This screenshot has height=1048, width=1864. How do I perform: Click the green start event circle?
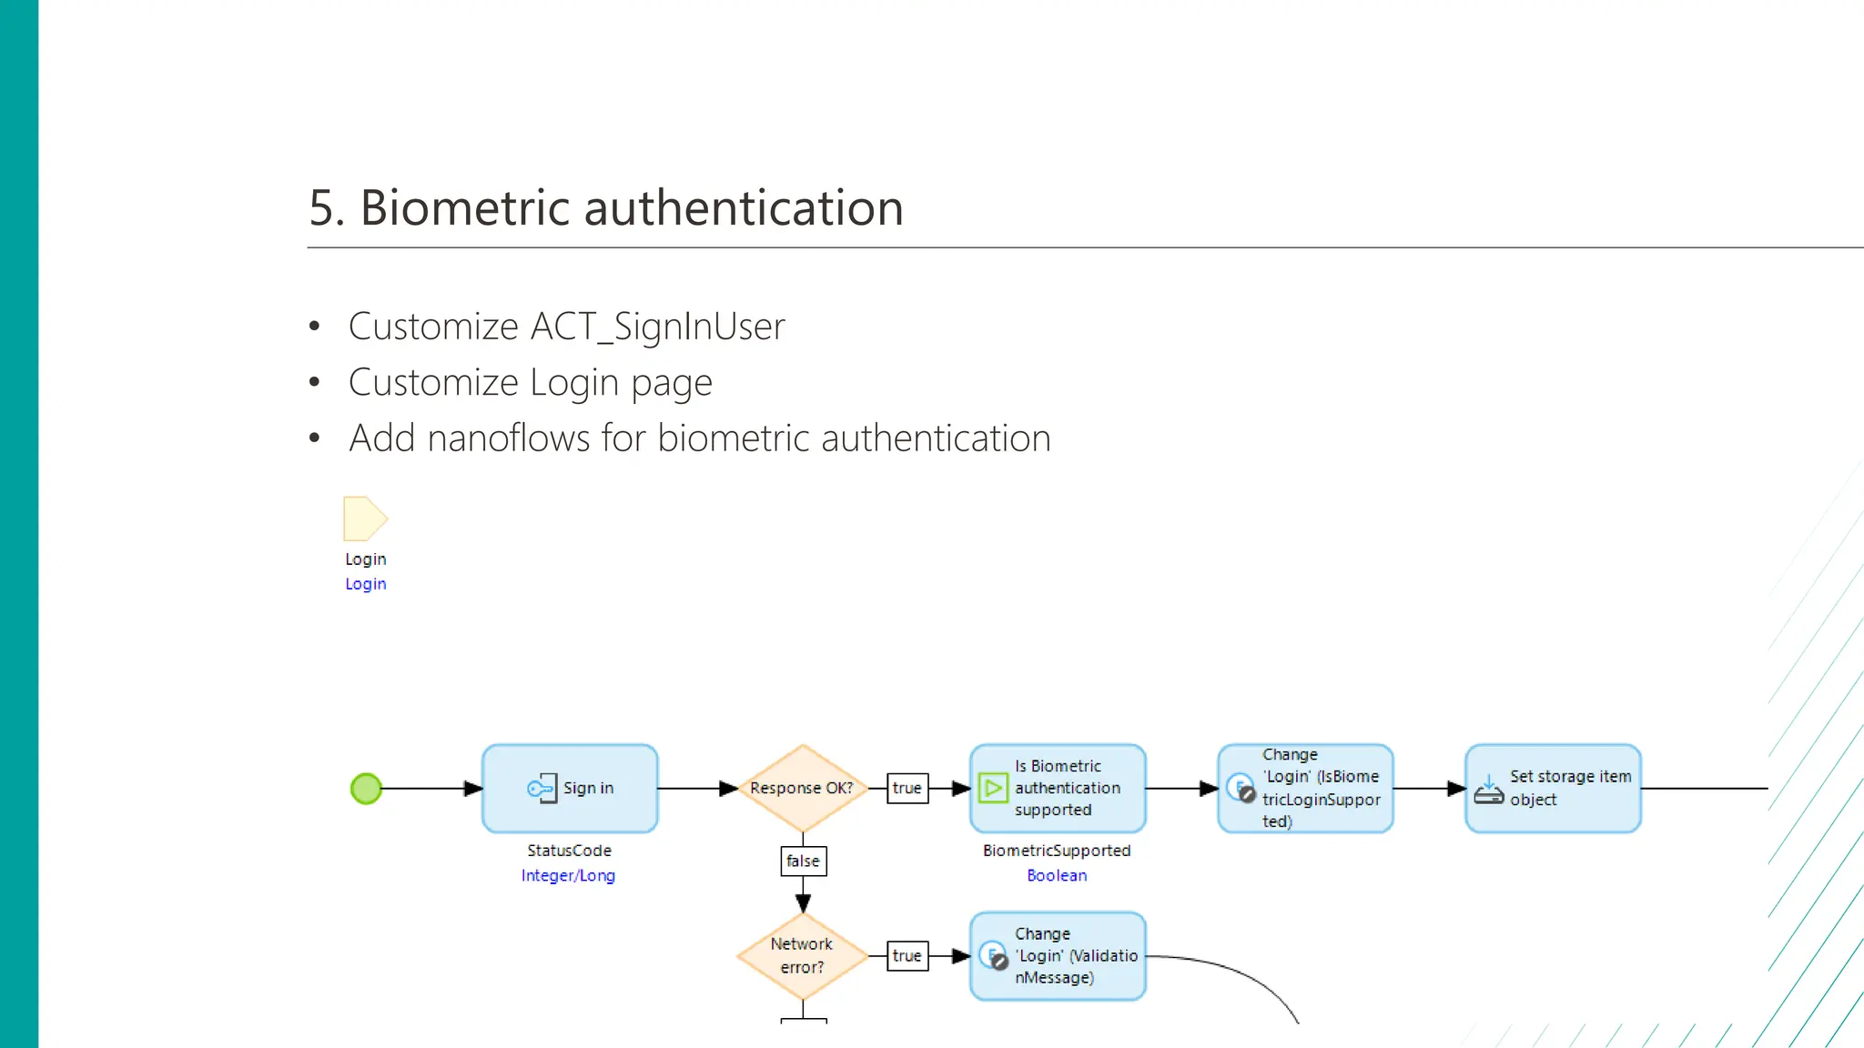pos(366,789)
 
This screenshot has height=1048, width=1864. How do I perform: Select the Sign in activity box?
pos(570,789)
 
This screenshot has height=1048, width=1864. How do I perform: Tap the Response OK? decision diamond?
pos(802,789)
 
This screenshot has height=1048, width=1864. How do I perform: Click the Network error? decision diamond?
pos(802,956)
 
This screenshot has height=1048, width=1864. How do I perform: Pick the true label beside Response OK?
pos(907,789)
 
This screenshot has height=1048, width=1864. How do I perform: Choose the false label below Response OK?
pos(803,861)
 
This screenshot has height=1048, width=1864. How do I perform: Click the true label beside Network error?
pos(907,956)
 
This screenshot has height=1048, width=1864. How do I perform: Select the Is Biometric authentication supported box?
pos(1058,789)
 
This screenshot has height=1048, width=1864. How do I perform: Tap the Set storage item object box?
pos(1553,789)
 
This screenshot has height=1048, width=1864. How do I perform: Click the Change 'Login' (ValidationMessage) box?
pos(1058,956)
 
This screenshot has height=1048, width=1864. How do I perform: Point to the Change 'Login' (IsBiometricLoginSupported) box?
pos(1305,789)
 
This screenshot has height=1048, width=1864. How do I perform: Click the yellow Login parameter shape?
pos(364,519)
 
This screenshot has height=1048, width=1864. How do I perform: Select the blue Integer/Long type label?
pos(568,875)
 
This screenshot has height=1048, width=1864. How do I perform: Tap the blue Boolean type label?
pos(1057,875)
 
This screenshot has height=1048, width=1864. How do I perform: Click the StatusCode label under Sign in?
pos(569,851)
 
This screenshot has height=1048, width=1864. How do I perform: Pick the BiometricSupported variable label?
pos(1057,851)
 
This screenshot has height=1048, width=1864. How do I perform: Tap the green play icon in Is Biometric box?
pos(992,788)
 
